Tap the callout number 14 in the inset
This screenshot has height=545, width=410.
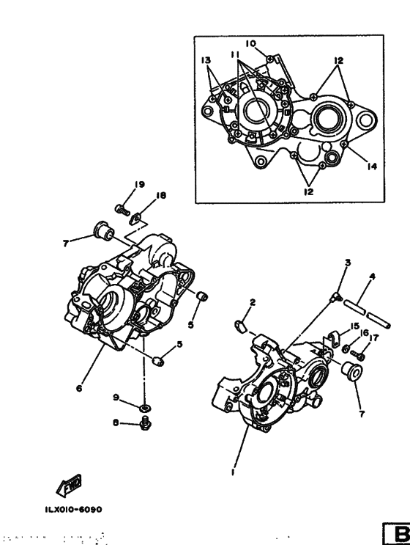point(373,167)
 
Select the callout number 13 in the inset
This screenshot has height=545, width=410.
point(205,59)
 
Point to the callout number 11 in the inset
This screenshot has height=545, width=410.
point(236,55)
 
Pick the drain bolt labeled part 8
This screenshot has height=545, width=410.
point(145,423)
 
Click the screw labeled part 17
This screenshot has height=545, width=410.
point(359,356)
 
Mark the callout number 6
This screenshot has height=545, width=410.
point(78,389)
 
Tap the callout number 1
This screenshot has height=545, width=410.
point(233,473)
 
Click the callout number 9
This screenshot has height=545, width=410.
point(116,397)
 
